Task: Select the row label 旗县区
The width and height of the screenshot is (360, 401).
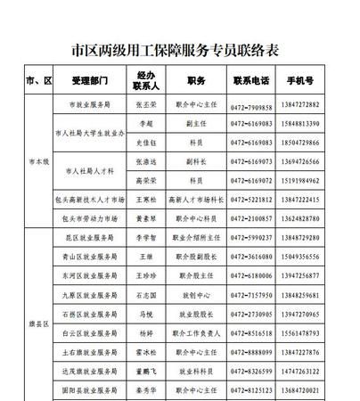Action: click(x=40, y=325)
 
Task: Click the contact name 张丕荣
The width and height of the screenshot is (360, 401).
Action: click(x=146, y=104)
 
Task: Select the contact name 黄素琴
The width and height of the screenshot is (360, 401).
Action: click(x=146, y=217)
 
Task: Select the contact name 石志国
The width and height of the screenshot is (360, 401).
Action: click(x=146, y=295)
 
